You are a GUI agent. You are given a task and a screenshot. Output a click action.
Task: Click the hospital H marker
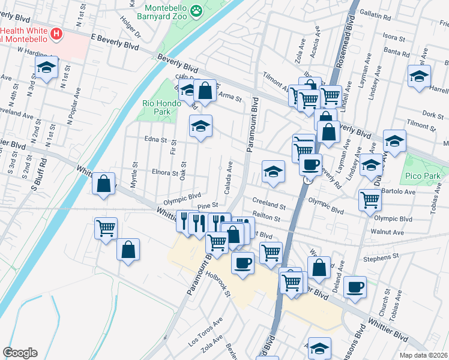tap(56, 34)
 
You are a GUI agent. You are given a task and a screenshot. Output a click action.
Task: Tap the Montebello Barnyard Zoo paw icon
tap(196, 10)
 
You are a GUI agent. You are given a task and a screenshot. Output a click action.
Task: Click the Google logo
tap(20, 353)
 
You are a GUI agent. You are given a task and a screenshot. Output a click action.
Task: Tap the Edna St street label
tap(155, 140)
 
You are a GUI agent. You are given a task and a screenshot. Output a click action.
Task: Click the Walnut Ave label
tap(388, 231)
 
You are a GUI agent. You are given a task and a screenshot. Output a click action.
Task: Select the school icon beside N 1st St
tap(46, 68)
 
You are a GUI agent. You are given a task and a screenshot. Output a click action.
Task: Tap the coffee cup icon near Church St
tap(355, 286)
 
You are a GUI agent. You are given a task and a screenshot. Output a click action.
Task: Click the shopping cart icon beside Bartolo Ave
tap(370, 200)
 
